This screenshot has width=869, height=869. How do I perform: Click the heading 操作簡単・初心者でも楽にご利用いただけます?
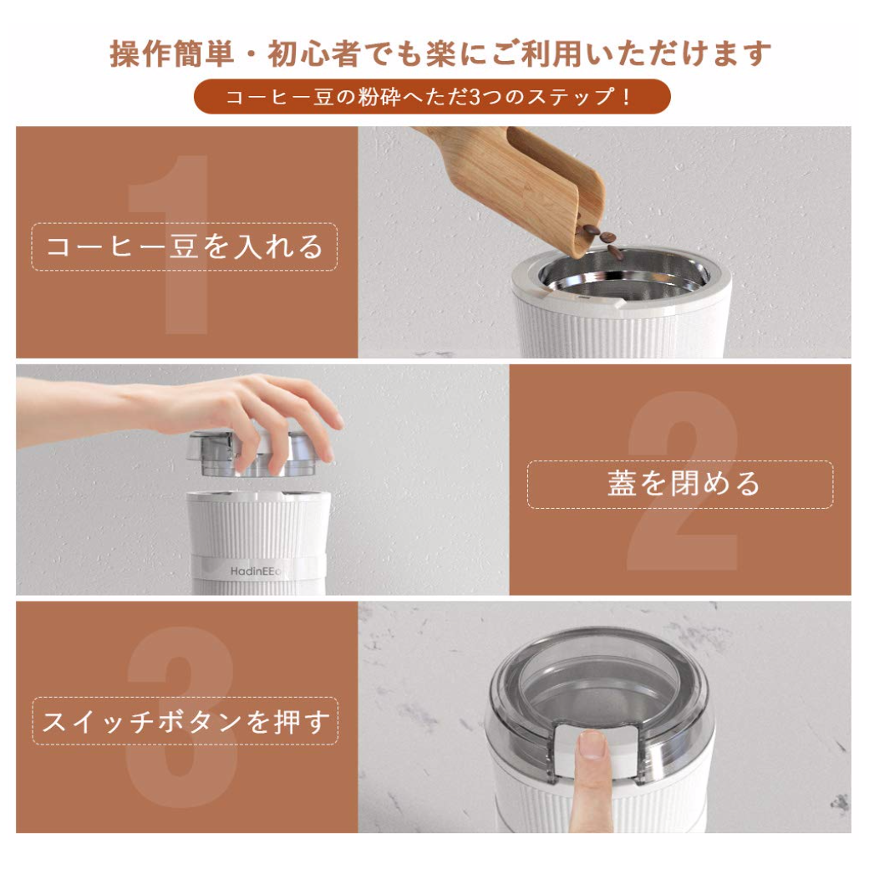[440, 53]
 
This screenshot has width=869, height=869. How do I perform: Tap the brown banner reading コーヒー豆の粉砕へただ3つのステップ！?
[432, 96]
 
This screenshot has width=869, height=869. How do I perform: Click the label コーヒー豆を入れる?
[185, 246]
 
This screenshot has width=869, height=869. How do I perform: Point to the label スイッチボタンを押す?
[185, 722]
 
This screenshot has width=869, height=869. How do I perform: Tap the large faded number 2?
[683, 481]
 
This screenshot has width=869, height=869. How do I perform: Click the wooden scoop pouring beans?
[526, 183]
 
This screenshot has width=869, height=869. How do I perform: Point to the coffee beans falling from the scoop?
[600, 239]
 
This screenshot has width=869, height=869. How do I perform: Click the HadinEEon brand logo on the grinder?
[256, 571]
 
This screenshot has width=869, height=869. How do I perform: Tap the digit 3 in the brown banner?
[475, 97]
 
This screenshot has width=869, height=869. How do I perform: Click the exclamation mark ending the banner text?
[626, 97]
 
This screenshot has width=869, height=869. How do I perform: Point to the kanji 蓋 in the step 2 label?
[622, 483]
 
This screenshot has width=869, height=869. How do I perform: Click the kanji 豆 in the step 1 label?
[184, 246]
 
